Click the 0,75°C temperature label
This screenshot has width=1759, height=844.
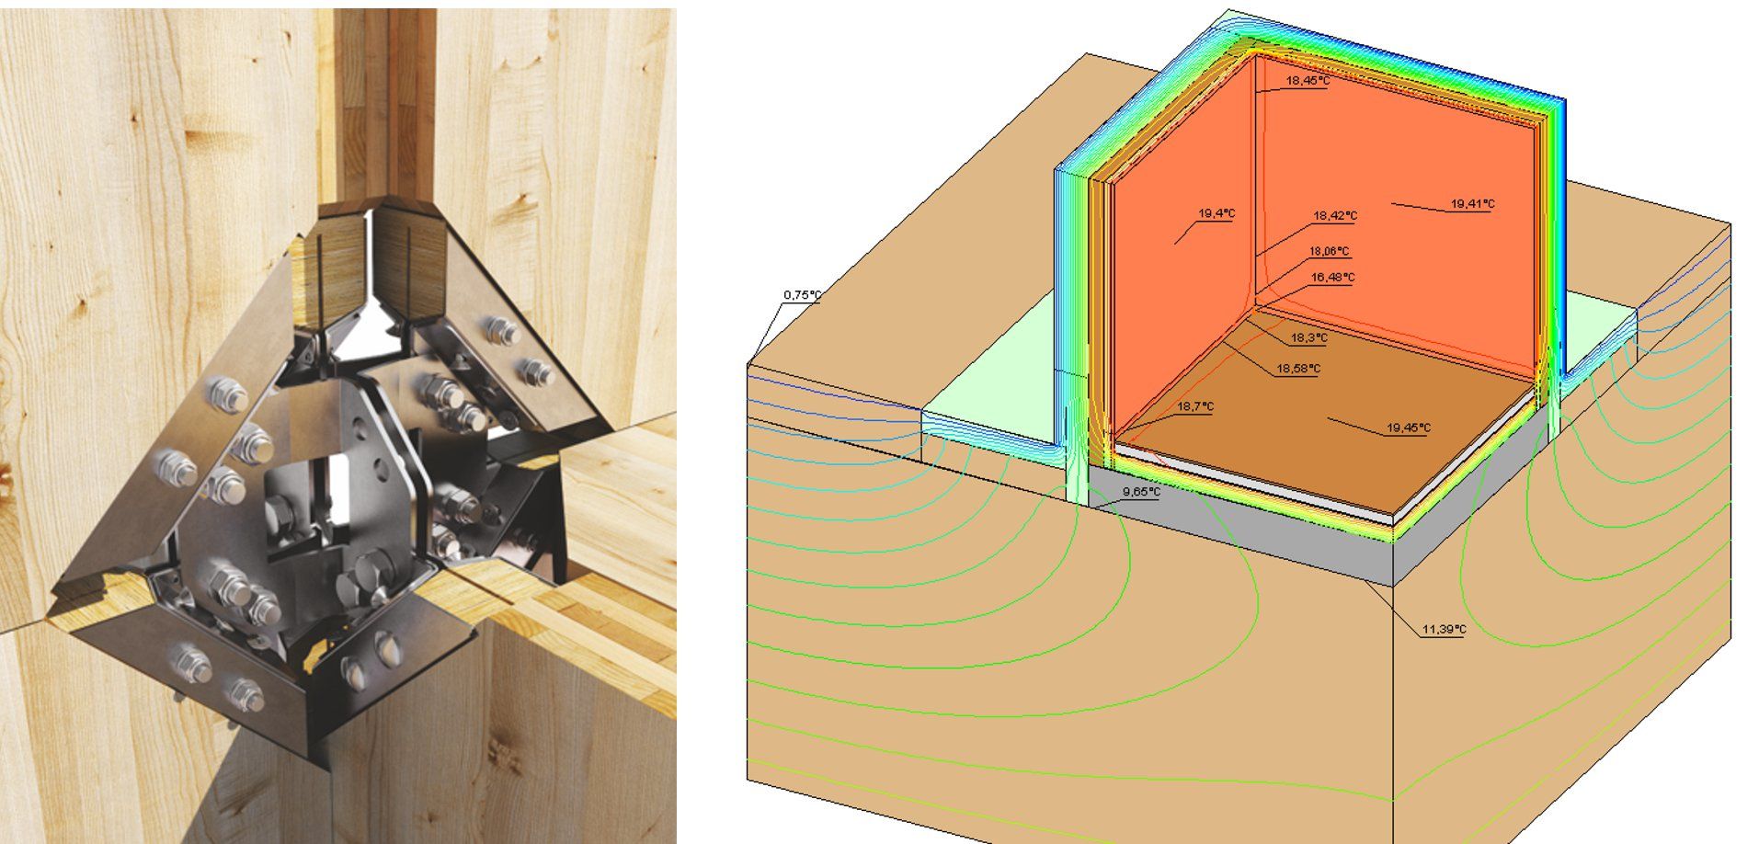tap(801, 295)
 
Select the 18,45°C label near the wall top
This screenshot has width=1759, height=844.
tap(1307, 81)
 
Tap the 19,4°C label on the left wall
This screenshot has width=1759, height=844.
tap(1216, 213)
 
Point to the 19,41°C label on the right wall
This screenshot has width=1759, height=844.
tap(1472, 204)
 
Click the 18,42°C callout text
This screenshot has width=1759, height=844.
tap(1334, 216)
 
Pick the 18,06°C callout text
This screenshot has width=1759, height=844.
tap(1329, 251)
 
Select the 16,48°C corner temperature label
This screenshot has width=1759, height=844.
tap(1332, 277)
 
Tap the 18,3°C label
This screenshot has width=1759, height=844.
tap(1308, 338)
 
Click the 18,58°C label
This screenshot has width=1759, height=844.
tap(1297, 369)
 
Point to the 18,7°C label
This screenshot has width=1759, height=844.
tap(1194, 406)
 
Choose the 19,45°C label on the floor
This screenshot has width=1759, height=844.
tap(1408, 428)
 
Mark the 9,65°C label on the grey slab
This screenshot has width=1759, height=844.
tap(1141, 492)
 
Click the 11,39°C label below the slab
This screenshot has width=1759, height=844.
tap(1443, 630)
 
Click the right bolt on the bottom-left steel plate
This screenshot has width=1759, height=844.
tap(245, 694)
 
